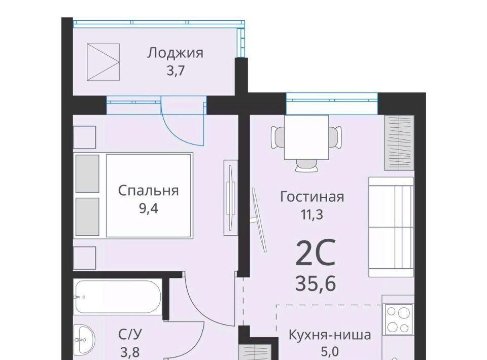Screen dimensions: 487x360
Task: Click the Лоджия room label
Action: point(175,53)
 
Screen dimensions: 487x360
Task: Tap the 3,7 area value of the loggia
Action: point(176,71)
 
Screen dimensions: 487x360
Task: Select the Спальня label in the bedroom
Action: point(149,191)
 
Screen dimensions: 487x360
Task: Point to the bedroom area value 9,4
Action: point(149,208)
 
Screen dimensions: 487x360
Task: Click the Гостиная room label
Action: point(312,197)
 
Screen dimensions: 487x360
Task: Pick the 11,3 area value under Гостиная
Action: point(311,214)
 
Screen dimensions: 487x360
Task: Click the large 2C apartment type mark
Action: point(316,253)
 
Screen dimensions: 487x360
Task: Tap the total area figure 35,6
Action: point(316,283)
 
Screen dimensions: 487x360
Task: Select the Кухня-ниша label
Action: point(330,335)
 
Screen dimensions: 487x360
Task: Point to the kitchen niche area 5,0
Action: point(330,352)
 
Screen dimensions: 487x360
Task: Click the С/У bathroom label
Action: point(130,335)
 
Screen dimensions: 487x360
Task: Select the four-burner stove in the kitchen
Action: point(399,319)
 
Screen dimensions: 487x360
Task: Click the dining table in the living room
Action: point(307,137)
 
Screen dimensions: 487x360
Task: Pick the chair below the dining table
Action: point(307,165)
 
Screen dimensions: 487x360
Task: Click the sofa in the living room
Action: point(391,227)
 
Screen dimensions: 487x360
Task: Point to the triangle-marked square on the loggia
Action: point(103,62)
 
